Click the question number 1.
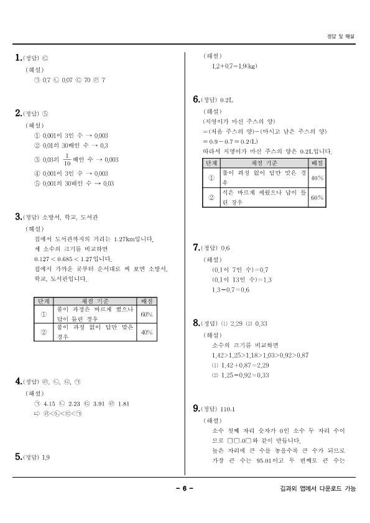tap(17, 58)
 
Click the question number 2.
tap(17, 113)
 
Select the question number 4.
tap(17, 381)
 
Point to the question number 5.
tap(17, 457)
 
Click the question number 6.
tap(195, 99)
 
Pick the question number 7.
tap(195, 248)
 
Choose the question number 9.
tap(195, 409)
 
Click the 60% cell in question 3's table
tap(147, 314)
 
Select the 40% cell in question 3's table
tap(147, 333)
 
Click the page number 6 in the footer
tap(185, 489)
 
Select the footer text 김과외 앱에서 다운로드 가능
tap(317, 489)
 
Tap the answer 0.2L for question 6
tap(226, 100)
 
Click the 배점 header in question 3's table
tap(147, 301)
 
